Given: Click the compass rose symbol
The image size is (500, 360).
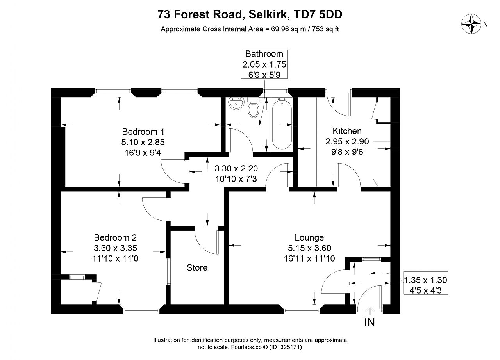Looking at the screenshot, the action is pos(471,24).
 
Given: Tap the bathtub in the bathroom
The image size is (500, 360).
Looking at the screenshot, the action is pos(282,125).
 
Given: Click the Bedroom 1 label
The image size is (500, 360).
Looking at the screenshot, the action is pos(143,132).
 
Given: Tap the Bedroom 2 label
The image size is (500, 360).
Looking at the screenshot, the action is pos(115,237).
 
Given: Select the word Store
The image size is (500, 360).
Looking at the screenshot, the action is pos(197,267).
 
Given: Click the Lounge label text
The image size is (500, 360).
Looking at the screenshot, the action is pos(309,237).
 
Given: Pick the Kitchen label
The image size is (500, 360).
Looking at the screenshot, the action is pos(347,131).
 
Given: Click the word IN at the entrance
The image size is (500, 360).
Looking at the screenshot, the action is pos(370,322).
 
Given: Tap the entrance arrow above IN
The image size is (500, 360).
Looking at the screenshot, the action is pos(370,310).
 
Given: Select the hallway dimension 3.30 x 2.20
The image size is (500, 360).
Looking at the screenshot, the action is pos(236,168).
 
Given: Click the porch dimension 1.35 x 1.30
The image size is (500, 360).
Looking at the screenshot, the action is pos(425,280).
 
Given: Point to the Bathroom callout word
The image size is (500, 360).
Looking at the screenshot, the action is pos(264,54).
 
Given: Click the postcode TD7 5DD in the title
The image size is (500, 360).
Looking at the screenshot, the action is pos(318,14).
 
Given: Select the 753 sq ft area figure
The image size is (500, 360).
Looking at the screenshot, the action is pos(325,29).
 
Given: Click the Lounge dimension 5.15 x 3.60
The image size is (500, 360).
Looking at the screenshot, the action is pos(309,248).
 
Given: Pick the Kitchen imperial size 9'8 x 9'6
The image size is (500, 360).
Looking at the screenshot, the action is pos(347,152).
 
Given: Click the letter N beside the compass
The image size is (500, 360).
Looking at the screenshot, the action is pos(485,24).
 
